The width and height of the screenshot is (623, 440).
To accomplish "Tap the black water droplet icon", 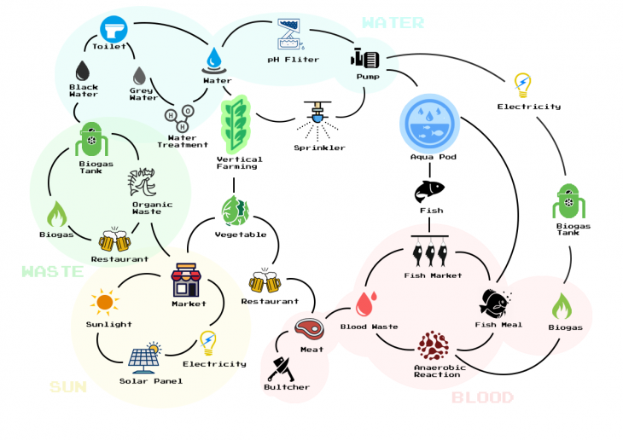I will click(x=83, y=70).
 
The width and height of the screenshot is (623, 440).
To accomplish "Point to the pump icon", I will click(x=365, y=58).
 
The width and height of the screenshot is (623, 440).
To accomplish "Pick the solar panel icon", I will click(x=144, y=358).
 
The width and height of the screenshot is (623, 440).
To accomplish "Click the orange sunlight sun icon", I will click(x=105, y=301).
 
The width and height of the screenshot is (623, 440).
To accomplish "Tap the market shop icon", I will click(x=187, y=280).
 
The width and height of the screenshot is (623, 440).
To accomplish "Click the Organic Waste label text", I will click(x=152, y=208).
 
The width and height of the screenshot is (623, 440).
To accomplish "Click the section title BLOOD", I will click(x=482, y=397).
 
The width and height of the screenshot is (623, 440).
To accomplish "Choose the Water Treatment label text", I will click(x=182, y=141).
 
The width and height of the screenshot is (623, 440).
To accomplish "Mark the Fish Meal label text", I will click(x=498, y=325).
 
